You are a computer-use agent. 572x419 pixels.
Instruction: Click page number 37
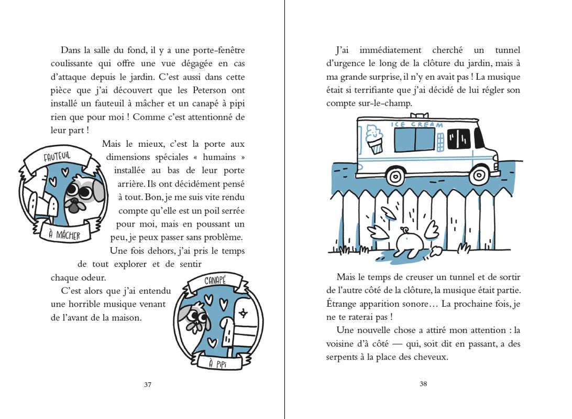pos(148,384)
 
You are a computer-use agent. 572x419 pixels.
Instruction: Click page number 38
pos(424,383)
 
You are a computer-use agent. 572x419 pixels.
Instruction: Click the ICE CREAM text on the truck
pos(417,125)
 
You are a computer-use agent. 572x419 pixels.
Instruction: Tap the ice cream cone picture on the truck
pos(375,139)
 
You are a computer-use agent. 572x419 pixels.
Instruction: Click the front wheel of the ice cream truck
pos(479,174)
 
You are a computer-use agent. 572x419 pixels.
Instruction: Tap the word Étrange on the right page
pos(344,304)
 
